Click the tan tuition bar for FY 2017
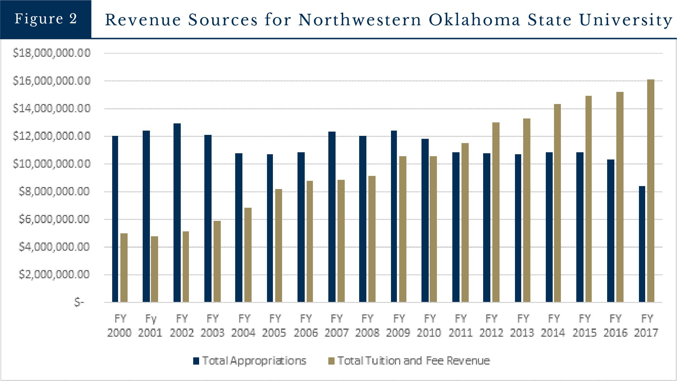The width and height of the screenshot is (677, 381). click(651, 190)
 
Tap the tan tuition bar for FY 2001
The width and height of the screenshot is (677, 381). click(154, 269)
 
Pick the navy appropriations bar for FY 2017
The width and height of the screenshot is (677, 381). click(642, 244)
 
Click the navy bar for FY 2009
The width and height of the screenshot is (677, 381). click(394, 216)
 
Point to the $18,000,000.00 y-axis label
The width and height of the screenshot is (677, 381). click(51, 53)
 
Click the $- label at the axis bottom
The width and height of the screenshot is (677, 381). click(79, 302)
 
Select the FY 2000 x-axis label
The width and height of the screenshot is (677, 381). click(119, 326)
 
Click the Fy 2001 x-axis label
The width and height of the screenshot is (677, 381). click(150, 326)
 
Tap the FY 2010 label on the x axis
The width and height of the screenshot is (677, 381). click(429, 326)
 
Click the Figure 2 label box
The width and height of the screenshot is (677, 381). click(46, 19)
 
